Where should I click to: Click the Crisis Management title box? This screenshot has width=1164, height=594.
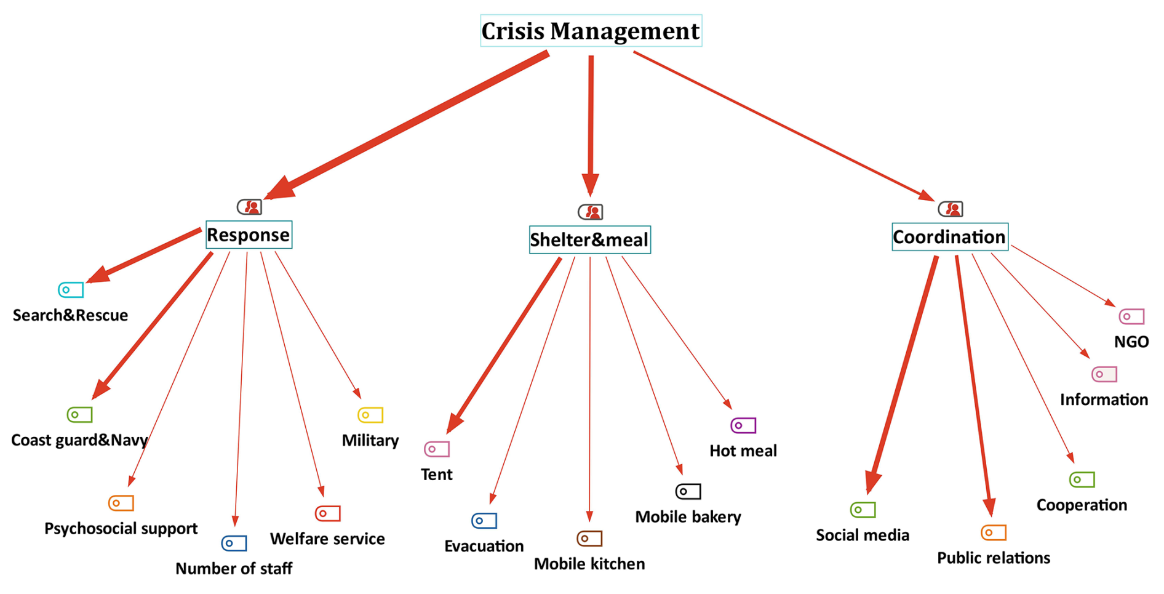point(591,31)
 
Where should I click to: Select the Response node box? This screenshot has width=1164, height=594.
point(249,235)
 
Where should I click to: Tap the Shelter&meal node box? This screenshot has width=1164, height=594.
point(589,239)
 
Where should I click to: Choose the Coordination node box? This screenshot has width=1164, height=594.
point(949,237)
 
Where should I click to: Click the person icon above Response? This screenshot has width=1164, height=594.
point(249,207)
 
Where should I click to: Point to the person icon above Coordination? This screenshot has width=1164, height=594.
point(951,209)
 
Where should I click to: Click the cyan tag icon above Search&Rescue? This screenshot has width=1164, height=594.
point(71,290)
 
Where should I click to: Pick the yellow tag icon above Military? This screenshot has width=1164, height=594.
point(370,415)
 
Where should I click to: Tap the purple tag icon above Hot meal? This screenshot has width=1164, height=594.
point(743,425)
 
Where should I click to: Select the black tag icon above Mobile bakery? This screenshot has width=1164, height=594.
point(688,491)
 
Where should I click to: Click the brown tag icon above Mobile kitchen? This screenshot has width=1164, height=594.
point(589,539)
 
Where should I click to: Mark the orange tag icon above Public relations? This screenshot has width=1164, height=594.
point(994,532)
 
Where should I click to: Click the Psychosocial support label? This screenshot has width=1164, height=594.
point(121,529)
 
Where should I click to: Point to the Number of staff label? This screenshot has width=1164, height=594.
point(234,568)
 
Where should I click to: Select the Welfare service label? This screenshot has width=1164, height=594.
point(327,539)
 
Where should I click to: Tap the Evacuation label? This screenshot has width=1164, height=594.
point(484,546)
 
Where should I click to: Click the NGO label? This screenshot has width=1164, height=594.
point(1131,342)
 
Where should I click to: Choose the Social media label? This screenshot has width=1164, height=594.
point(863,535)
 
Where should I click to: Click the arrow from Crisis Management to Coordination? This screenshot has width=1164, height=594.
point(784,126)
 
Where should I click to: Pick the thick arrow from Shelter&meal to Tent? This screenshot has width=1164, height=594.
point(504,345)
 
